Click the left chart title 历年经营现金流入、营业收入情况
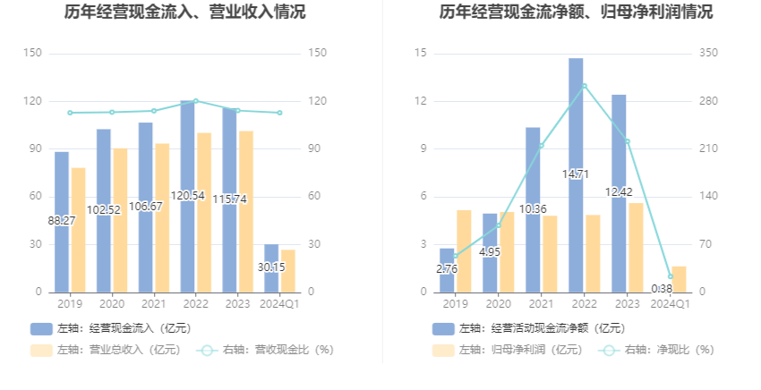184,13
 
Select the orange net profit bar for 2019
464,250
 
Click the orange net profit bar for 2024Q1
679,279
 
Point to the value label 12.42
619,192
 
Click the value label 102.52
104,209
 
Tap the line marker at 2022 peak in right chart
584,86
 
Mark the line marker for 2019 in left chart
70,113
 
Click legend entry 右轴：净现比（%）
658,350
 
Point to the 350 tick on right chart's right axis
709,54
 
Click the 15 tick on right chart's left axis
420,54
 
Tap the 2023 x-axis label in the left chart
237,304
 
